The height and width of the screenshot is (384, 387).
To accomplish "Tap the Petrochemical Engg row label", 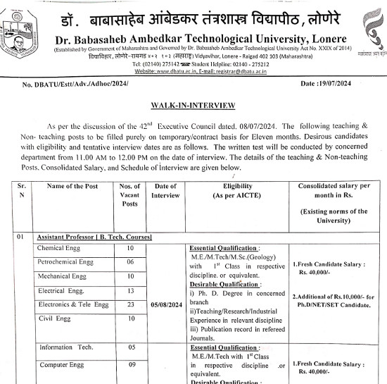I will pos(68,262).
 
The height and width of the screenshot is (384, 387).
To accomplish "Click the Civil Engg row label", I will pos(54,318).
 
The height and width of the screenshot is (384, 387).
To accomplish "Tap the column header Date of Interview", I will pos(165,190).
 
